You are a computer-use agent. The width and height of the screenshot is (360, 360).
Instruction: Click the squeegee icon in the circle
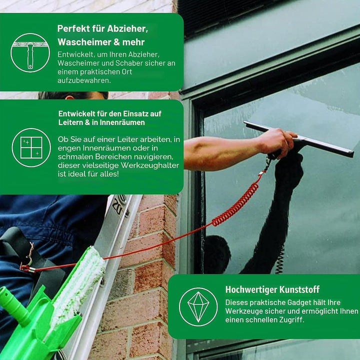(30, 53)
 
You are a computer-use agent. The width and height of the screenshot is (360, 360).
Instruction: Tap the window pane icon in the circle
(31, 147)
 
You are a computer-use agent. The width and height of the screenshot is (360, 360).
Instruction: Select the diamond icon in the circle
(198, 306)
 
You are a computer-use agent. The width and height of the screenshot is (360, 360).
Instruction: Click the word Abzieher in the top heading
(127, 28)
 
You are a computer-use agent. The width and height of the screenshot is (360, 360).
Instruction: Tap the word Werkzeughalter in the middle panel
(149, 165)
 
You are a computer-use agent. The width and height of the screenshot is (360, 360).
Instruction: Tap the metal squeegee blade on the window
(298, 138)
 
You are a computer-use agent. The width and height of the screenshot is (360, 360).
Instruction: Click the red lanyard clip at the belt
(27, 268)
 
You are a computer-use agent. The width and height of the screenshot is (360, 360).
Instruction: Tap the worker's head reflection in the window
(216, 254)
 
